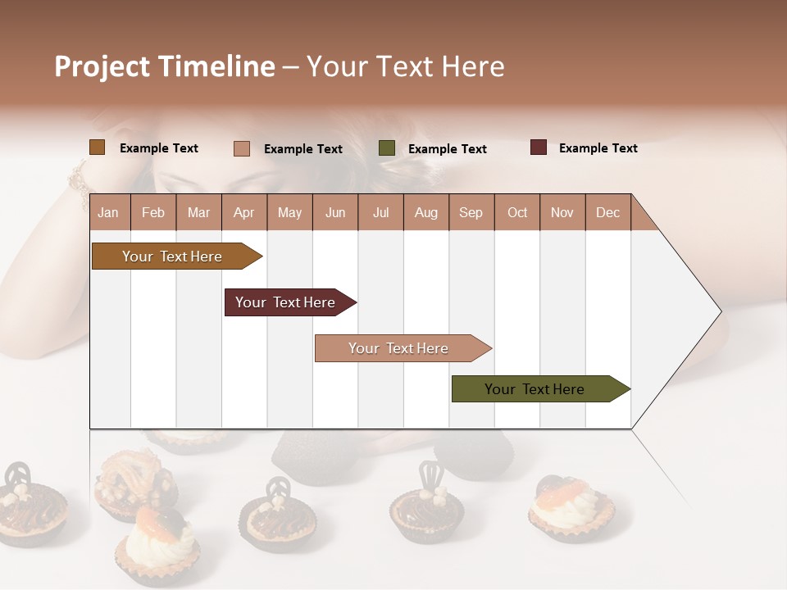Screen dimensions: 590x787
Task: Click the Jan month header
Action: tap(108, 212)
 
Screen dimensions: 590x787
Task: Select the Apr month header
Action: tap(244, 212)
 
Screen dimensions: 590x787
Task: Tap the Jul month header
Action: tap(380, 212)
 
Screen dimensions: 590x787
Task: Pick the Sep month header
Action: tap(471, 212)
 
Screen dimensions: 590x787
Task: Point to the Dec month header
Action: tap(607, 212)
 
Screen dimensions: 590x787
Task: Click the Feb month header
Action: tap(153, 212)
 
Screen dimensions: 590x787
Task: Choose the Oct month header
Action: tap(517, 212)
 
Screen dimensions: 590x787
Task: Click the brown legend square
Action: tap(97, 147)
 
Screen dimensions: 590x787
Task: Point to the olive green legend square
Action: tap(387, 148)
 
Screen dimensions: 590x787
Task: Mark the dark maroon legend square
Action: tap(539, 147)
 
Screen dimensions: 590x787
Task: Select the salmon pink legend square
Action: tap(241, 148)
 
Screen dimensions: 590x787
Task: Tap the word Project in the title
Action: tap(102, 66)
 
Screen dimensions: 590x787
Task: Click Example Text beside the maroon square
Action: tap(598, 148)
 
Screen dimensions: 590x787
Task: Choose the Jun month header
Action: tap(335, 212)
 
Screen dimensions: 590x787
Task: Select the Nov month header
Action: tap(562, 212)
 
